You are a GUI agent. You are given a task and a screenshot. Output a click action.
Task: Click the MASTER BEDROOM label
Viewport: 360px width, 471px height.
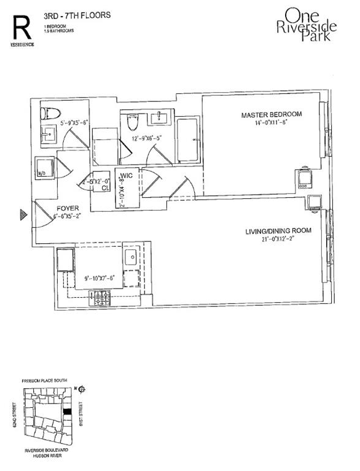point(271,115)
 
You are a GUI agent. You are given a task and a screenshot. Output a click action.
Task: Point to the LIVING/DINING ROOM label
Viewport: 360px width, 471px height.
point(278,231)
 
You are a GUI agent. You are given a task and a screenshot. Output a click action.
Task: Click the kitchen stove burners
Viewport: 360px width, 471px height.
point(99,298)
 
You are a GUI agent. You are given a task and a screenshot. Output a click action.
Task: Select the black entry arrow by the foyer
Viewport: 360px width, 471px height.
point(23,214)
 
